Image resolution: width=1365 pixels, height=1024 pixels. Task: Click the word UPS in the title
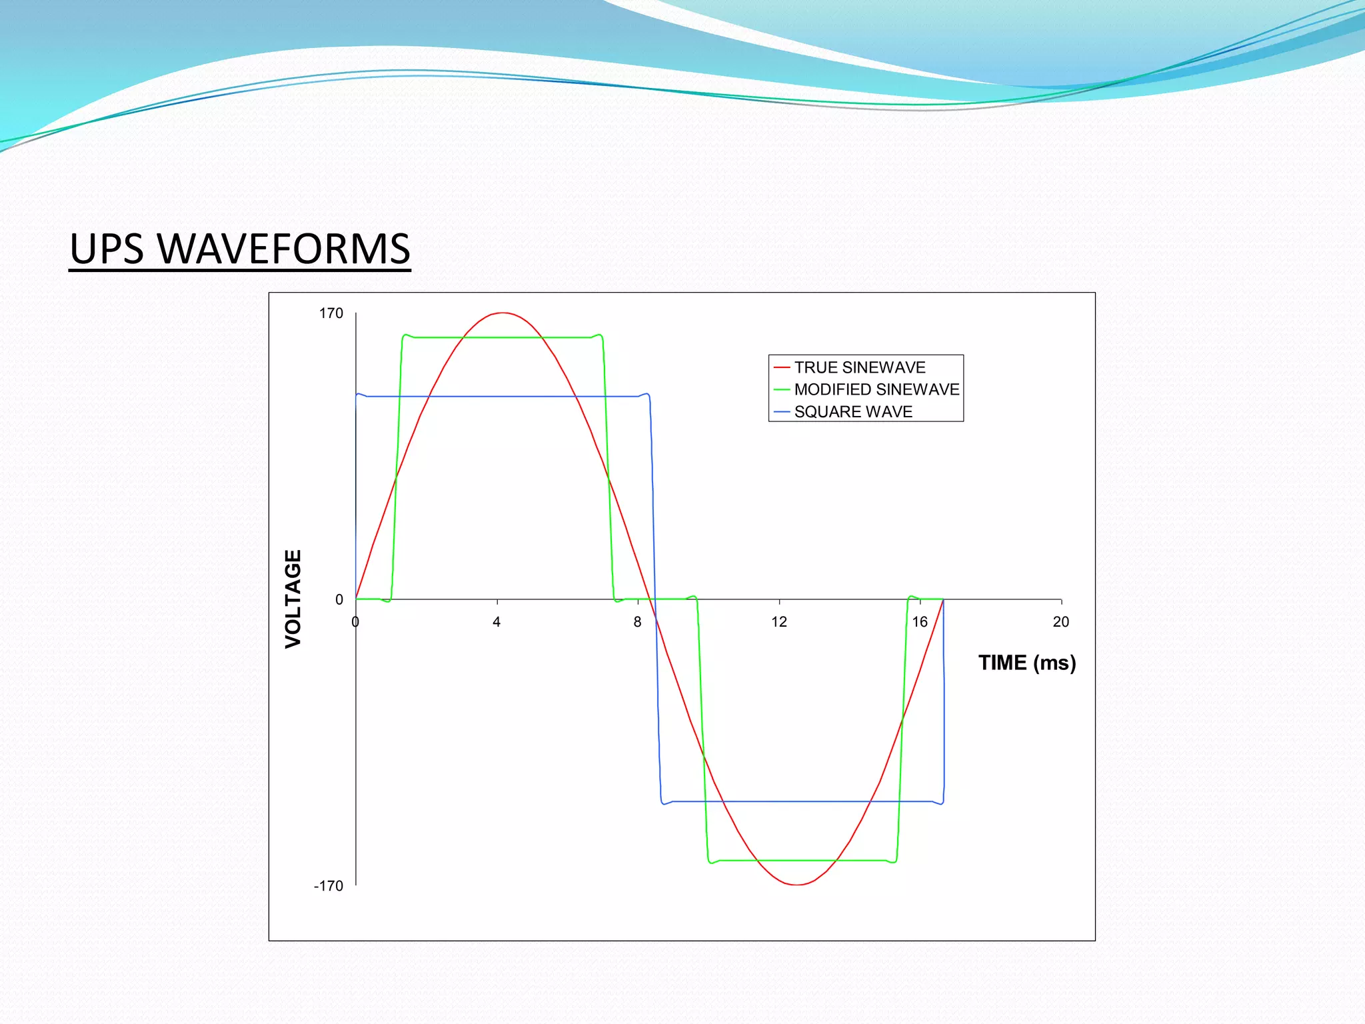(x=107, y=249)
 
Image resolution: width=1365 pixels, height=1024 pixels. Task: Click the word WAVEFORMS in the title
(x=283, y=249)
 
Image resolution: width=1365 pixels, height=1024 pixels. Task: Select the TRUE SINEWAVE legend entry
(x=859, y=367)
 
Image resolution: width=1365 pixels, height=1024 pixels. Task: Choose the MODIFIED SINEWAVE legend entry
(x=876, y=389)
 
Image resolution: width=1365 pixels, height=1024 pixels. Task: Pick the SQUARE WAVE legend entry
(x=852, y=412)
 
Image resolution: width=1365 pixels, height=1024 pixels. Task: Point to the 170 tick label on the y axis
(x=331, y=313)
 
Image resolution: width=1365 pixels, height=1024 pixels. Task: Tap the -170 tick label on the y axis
(x=329, y=886)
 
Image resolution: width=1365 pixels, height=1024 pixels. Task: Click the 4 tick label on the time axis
(x=497, y=622)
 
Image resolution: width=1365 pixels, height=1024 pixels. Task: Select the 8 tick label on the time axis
(x=638, y=622)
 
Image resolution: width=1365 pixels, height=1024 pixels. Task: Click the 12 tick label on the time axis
(x=779, y=622)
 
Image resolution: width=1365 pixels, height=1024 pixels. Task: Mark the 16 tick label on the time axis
(x=920, y=622)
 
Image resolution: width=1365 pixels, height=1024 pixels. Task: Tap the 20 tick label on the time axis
(x=1060, y=622)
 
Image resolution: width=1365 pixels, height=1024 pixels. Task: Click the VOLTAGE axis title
(x=294, y=599)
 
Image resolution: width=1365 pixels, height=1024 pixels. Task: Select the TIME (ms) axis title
(x=1026, y=663)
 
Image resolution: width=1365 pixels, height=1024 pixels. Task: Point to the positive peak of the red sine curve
(x=502, y=313)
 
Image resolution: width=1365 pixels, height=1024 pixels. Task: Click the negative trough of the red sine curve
(x=797, y=885)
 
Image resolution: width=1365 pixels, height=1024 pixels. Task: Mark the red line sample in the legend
(x=782, y=367)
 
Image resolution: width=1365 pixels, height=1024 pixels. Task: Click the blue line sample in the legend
(x=782, y=412)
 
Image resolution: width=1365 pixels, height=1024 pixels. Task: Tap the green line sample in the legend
(x=782, y=389)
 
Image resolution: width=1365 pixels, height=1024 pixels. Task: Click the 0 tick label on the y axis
(x=339, y=600)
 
